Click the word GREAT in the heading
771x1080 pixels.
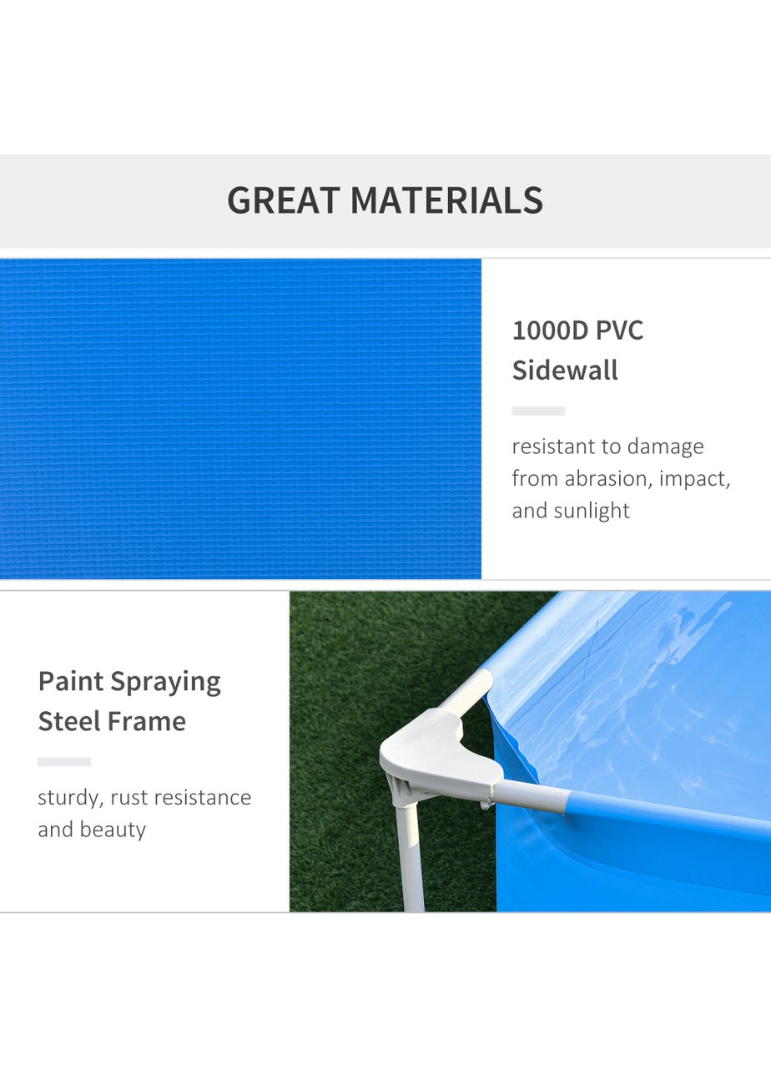click(x=283, y=201)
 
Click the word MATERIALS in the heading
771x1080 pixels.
click(x=446, y=201)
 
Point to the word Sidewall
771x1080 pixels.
click(x=565, y=370)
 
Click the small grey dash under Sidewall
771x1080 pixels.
click(x=538, y=411)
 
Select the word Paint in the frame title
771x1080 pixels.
click(x=70, y=682)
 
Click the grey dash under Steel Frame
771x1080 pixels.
click(x=64, y=762)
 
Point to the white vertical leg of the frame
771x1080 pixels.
click(x=411, y=860)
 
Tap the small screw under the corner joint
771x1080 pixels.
click(x=485, y=805)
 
